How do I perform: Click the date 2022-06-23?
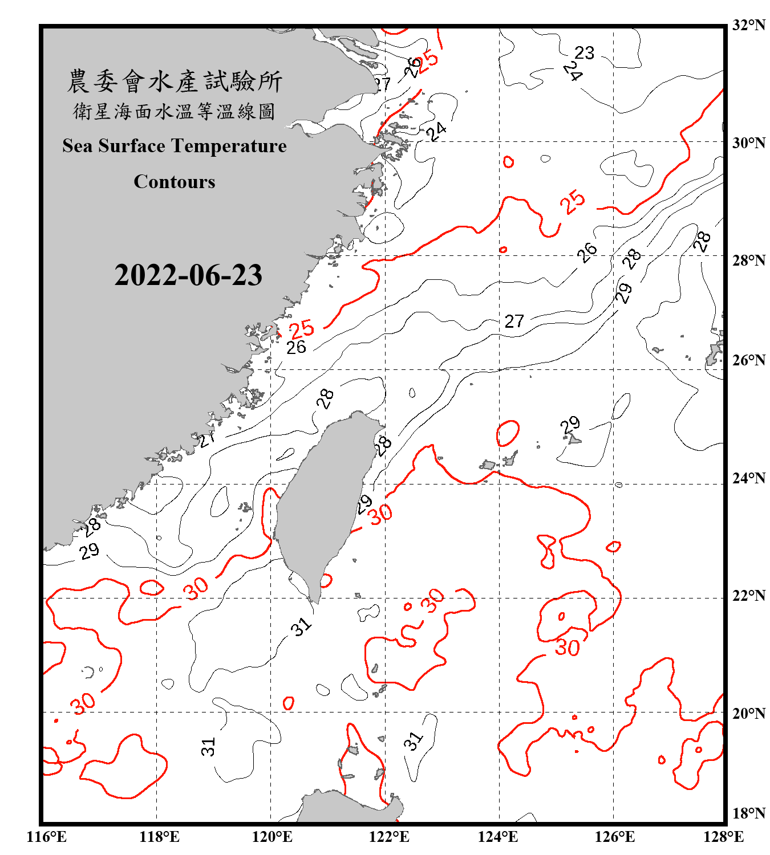[188, 275]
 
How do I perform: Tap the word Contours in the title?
[175, 182]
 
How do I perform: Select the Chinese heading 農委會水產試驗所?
[175, 82]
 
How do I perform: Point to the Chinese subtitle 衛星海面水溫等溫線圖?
[175, 112]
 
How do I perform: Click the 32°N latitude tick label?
[748, 25]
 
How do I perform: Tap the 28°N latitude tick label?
[748, 260]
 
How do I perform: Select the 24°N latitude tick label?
[748, 478]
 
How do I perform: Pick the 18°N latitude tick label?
[748, 813]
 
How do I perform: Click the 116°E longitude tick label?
[46, 837]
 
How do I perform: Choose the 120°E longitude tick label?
[272, 837]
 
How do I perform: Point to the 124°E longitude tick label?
[498, 837]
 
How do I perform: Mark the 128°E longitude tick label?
[723, 837]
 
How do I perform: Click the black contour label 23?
[584, 53]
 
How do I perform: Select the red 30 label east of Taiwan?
[380, 514]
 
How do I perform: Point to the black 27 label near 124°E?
[514, 321]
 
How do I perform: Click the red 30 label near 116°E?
[83, 704]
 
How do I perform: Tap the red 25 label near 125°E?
[572, 202]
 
